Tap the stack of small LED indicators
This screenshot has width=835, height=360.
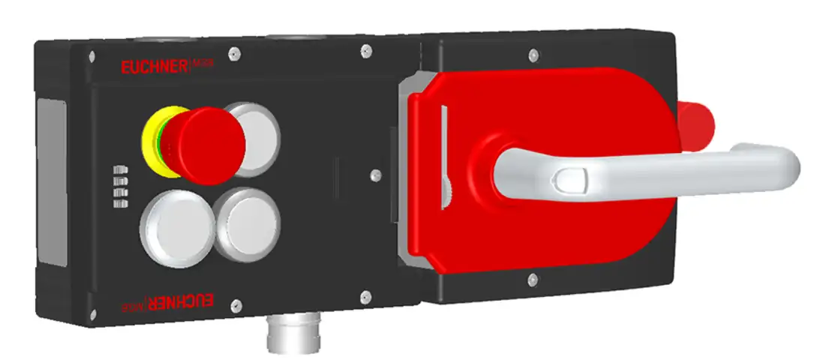pyautogui.click(x=119, y=185)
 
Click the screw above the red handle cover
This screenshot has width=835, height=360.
pyautogui.click(x=533, y=55)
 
